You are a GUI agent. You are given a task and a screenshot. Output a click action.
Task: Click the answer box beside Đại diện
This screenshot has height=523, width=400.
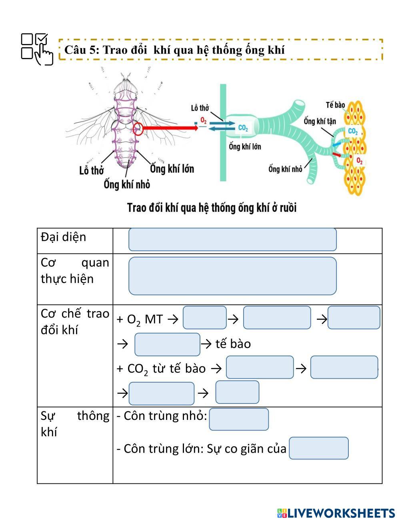[232, 240]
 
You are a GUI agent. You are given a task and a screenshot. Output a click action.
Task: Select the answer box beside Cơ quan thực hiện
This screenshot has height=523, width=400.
[232, 276]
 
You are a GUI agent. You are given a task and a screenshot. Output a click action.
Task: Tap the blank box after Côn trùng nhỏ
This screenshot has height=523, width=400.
[239, 419]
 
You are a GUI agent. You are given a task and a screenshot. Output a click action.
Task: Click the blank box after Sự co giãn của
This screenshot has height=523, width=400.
[319, 448]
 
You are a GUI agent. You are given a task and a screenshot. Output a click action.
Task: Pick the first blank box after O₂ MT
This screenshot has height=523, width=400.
[205, 318]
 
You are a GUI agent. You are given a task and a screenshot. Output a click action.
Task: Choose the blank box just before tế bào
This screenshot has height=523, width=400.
[167, 344]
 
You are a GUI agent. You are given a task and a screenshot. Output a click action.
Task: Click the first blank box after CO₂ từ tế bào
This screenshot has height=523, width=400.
[260, 367]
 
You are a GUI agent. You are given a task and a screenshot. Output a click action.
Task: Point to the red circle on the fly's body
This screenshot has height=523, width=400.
[138, 128]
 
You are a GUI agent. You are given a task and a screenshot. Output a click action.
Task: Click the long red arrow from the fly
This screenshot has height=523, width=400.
[170, 128]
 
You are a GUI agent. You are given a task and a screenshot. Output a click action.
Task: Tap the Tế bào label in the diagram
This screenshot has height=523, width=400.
[335, 105]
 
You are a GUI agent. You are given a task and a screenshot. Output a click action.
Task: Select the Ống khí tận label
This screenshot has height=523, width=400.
[320, 121]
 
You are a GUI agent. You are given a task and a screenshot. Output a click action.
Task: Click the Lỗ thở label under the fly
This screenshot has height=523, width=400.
[92, 171]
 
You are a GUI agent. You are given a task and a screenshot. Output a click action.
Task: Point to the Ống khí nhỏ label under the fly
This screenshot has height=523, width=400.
[127, 184]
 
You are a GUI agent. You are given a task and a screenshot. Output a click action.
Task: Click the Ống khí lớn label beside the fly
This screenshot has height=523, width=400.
[172, 169]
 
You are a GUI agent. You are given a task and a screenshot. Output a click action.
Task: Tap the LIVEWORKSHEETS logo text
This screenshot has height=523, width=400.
[340, 513]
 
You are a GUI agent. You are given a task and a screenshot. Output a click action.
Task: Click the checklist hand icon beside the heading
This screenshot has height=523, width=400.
[37, 49]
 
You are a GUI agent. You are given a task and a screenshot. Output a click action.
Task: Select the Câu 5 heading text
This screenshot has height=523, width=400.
[174, 50]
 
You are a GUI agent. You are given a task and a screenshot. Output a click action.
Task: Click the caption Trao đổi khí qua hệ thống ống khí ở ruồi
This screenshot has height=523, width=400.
[212, 208]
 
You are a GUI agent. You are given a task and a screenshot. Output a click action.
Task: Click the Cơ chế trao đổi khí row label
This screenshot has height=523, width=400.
[75, 321]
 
